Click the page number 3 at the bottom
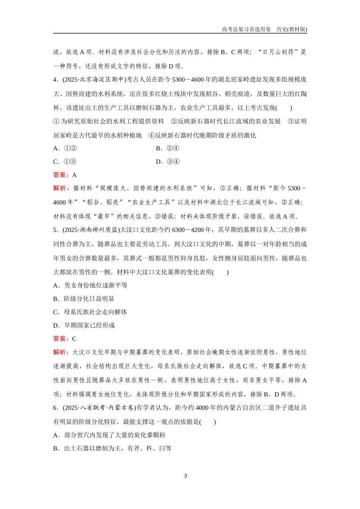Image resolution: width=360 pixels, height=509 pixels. point(185,476)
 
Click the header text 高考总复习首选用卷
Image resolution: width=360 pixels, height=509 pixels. point(246,29)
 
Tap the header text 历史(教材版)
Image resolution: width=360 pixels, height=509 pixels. point(292,29)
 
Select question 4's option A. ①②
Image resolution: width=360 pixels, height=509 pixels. point(65,148)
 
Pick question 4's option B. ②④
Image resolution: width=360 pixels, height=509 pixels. point(167,148)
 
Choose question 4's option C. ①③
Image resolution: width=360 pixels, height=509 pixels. point(65,162)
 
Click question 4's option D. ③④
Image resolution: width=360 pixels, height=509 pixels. point(167,162)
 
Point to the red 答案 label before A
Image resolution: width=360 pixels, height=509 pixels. point(61,175)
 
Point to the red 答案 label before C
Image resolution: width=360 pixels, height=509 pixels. point(61,339)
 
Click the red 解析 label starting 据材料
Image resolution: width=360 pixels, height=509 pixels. point(61,188)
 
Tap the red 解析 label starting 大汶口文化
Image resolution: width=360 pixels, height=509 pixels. point(61,352)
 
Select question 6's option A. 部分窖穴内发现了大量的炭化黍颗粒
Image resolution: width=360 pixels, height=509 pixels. point(110,435)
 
